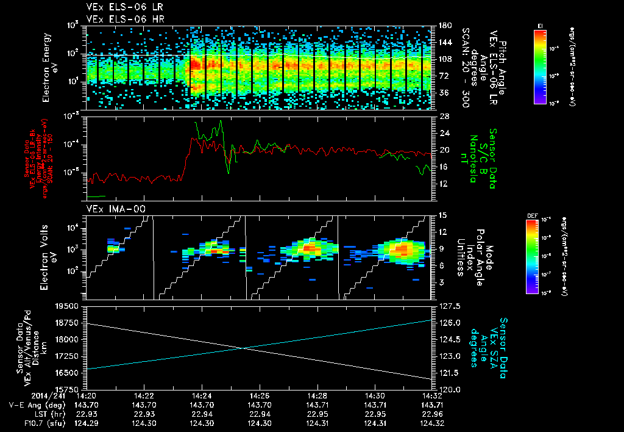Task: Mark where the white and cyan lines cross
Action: point(244,348)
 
